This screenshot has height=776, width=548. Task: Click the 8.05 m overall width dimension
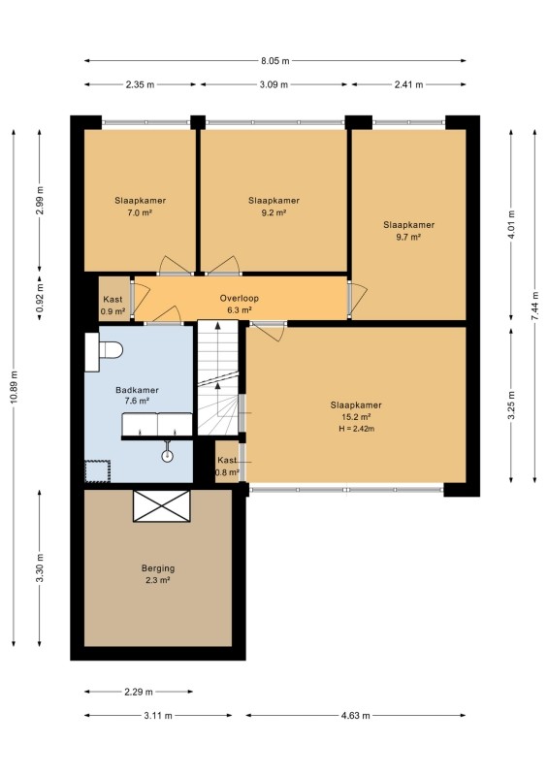pos(275,61)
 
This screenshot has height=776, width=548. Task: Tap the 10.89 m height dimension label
pos(14,387)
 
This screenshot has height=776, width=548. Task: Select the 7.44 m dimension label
pos(535,306)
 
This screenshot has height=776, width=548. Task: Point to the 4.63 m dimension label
pos(356,715)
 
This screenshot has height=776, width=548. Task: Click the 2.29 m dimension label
pos(139,692)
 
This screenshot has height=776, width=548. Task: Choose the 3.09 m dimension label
pos(274,84)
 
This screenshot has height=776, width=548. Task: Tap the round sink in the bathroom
pos(168,454)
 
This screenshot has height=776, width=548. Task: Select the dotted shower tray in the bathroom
pos(97,471)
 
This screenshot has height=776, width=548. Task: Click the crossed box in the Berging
pos(162,505)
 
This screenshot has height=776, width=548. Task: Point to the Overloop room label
pos(240,299)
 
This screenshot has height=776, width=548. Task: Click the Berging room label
pos(158,568)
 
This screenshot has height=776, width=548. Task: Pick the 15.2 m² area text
pos(356,417)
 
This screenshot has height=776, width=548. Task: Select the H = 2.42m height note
pos(356,429)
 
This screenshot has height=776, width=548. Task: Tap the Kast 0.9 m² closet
pos(113,300)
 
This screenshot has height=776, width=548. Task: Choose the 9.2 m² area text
pos(274,213)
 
